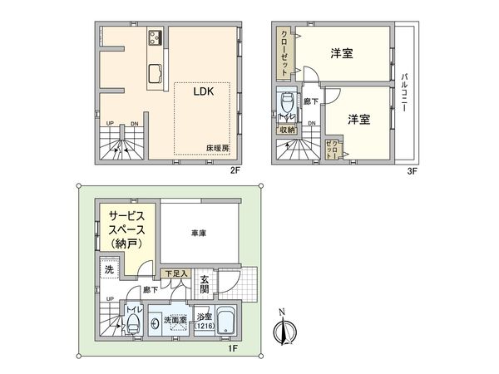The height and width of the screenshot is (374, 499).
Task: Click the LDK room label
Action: (x=205, y=93)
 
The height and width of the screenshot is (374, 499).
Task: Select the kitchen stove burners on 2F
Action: (x=156, y=37)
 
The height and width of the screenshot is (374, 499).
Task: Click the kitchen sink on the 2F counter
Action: (x=156, y=74)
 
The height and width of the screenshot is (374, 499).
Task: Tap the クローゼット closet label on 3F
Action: (x=284, y=52)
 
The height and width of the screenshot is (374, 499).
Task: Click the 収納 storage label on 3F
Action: (x=288, y=130)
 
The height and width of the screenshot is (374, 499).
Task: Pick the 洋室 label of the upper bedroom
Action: (x=342, y=54)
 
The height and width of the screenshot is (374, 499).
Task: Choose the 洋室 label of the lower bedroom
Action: (x=359, y=119)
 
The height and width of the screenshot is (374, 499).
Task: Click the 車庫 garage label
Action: (x=197, y=234)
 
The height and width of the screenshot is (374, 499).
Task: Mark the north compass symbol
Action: (x=283, y=334)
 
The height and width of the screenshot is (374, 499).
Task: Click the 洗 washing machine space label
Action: (x=108, y=270)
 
